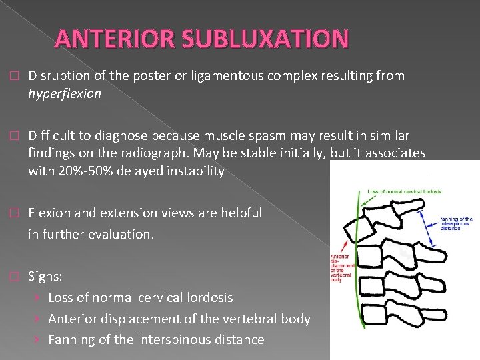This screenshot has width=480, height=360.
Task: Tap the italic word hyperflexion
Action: [x=65, y=93]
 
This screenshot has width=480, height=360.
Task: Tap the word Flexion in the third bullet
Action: [x=52, y=213]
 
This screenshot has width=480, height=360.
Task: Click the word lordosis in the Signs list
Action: [x=209, y=297]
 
